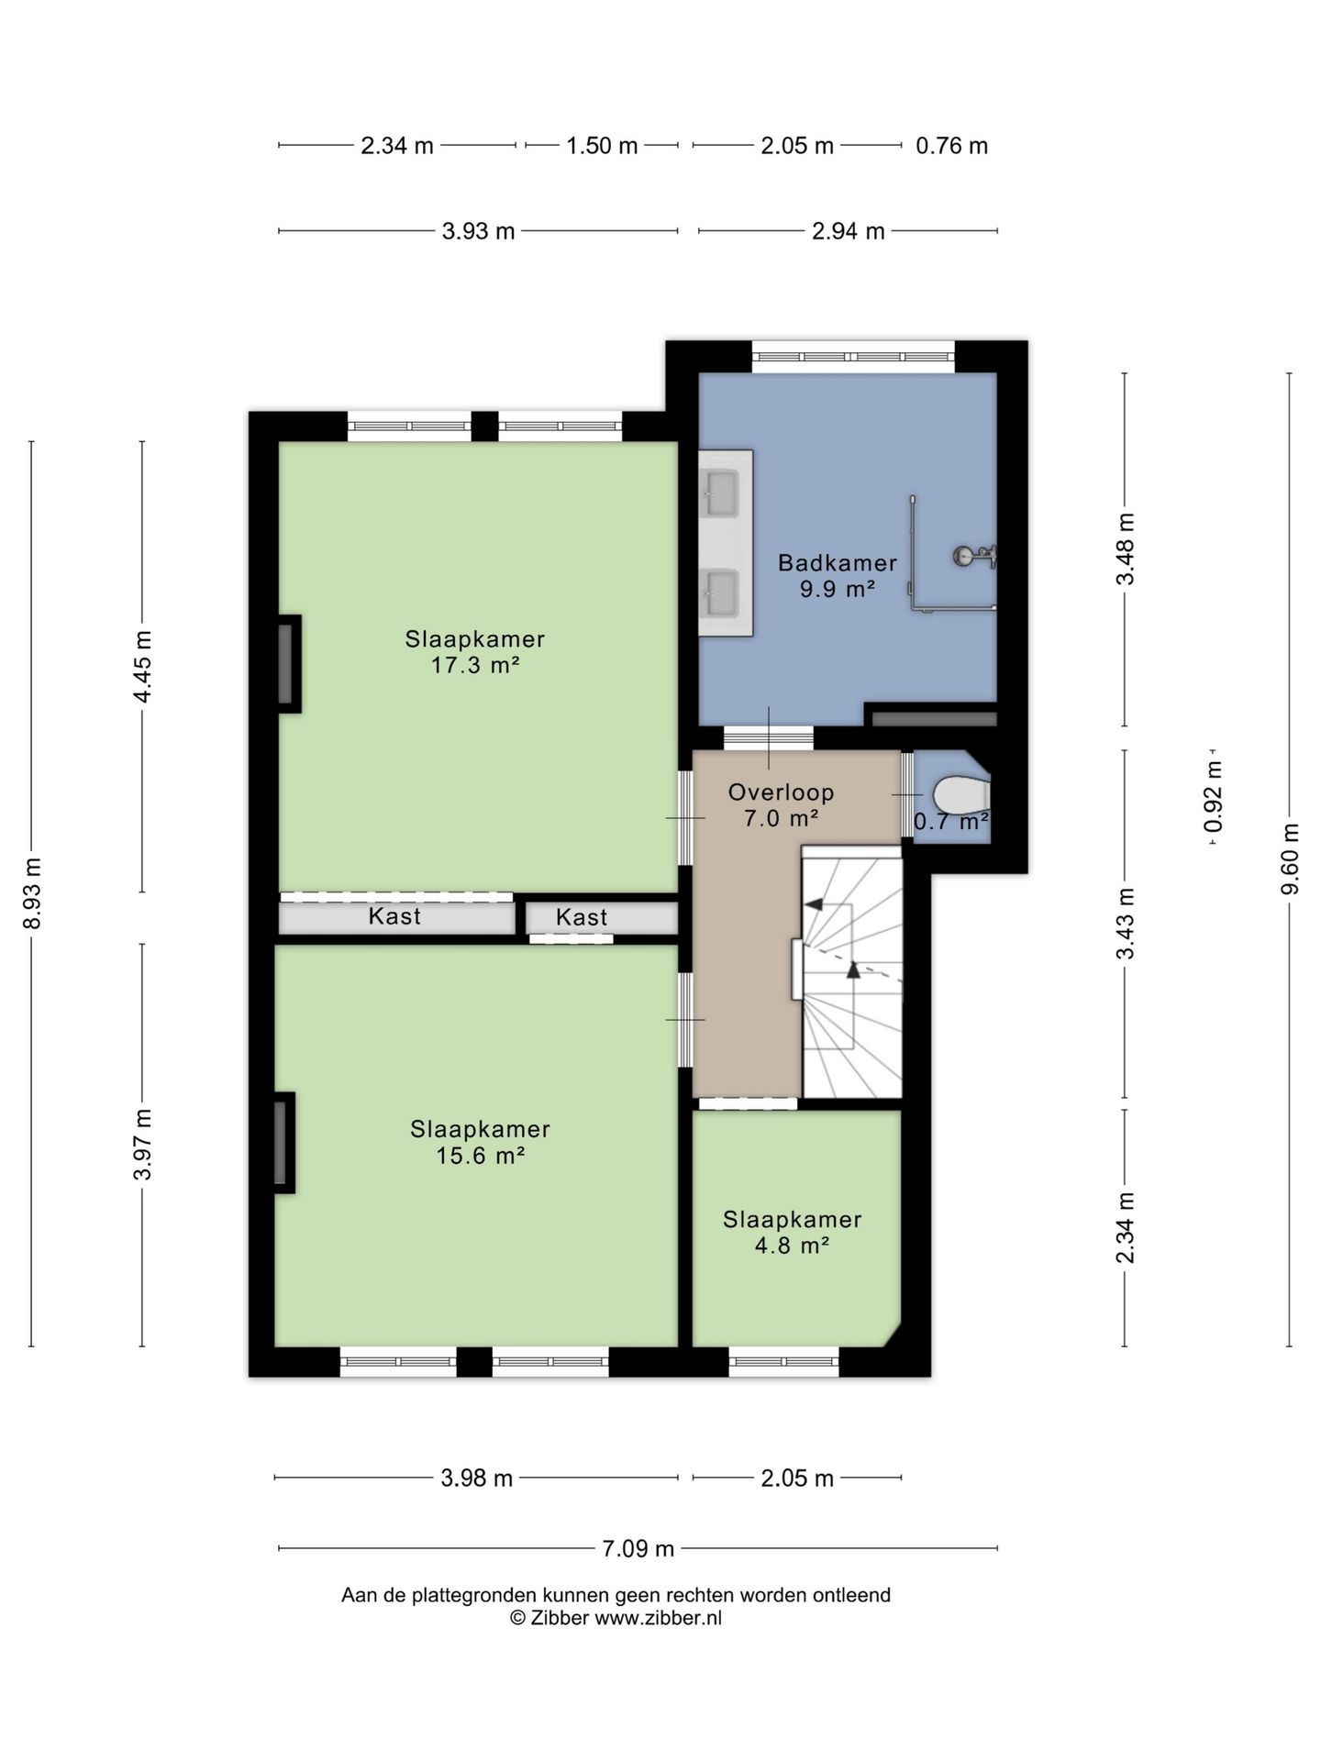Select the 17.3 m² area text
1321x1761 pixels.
[475, 665]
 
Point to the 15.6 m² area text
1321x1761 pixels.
[480, 1155]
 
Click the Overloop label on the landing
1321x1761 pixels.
[781, 792]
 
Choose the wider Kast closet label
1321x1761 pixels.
[394, 915]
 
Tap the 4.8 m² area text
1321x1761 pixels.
[792, 1245]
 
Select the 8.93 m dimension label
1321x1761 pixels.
[33, 893]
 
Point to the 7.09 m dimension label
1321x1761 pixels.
[638, 1548]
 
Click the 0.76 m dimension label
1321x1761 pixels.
[951, 146]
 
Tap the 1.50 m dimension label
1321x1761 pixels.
[602, 146]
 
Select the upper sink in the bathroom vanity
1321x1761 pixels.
[722, 493]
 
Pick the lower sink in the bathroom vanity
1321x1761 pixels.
[722, 593]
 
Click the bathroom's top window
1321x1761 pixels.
[853, 356]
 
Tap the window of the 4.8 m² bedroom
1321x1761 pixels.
[783, 1362]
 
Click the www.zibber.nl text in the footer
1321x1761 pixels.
[658, 1618]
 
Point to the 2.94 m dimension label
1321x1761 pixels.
[848, 231]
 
